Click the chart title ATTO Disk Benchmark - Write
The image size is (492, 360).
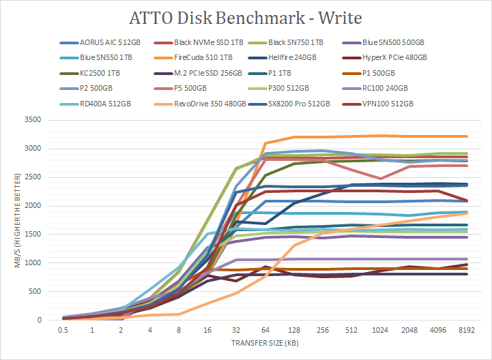click(x=246, y=16)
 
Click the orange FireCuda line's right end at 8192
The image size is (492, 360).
click(x=467, y=136)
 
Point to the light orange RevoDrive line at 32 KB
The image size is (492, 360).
click(x=237, y=293)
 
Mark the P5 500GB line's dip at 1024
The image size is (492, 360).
click(x=381, y=178)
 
